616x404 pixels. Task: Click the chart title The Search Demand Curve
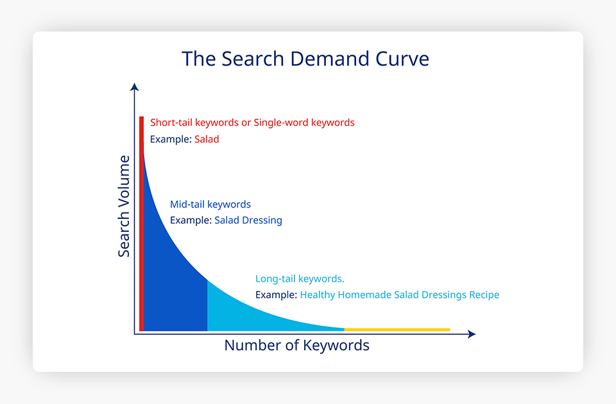(305, 59)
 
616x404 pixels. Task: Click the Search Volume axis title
(124, 206)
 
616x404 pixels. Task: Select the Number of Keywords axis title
(297, 346)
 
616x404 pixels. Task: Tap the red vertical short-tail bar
(141, 224)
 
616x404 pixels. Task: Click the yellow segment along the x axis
(397, 329)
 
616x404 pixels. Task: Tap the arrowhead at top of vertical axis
(134, 87)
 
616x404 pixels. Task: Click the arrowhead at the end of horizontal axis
(472, 334)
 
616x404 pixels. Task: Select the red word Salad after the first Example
(207, 139)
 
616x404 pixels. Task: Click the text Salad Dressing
(248, 220)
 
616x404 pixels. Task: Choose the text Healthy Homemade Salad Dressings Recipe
(400, 295)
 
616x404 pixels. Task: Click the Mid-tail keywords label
(210, 204)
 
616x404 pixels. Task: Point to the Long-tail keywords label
(300, 279)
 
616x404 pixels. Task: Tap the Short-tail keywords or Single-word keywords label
(252, 123)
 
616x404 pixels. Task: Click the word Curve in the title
(402, 59)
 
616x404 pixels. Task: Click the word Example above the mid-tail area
(191, 220)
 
